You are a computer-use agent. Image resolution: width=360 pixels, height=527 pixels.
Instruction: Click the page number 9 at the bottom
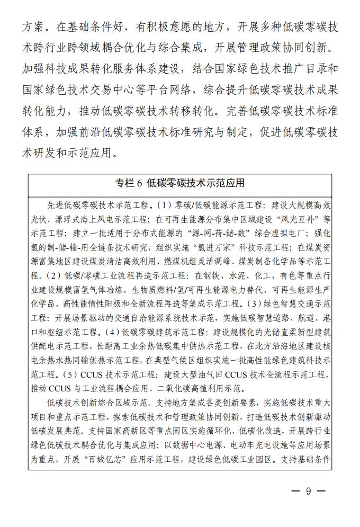[x=308, y=491]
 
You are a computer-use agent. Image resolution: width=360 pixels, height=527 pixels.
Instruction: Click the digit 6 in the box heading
[x=140, y=183]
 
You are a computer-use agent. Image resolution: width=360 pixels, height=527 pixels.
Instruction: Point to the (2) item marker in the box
[x=55, y=275]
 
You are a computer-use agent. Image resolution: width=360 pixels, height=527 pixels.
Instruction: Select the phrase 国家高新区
[x=135, y=431]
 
